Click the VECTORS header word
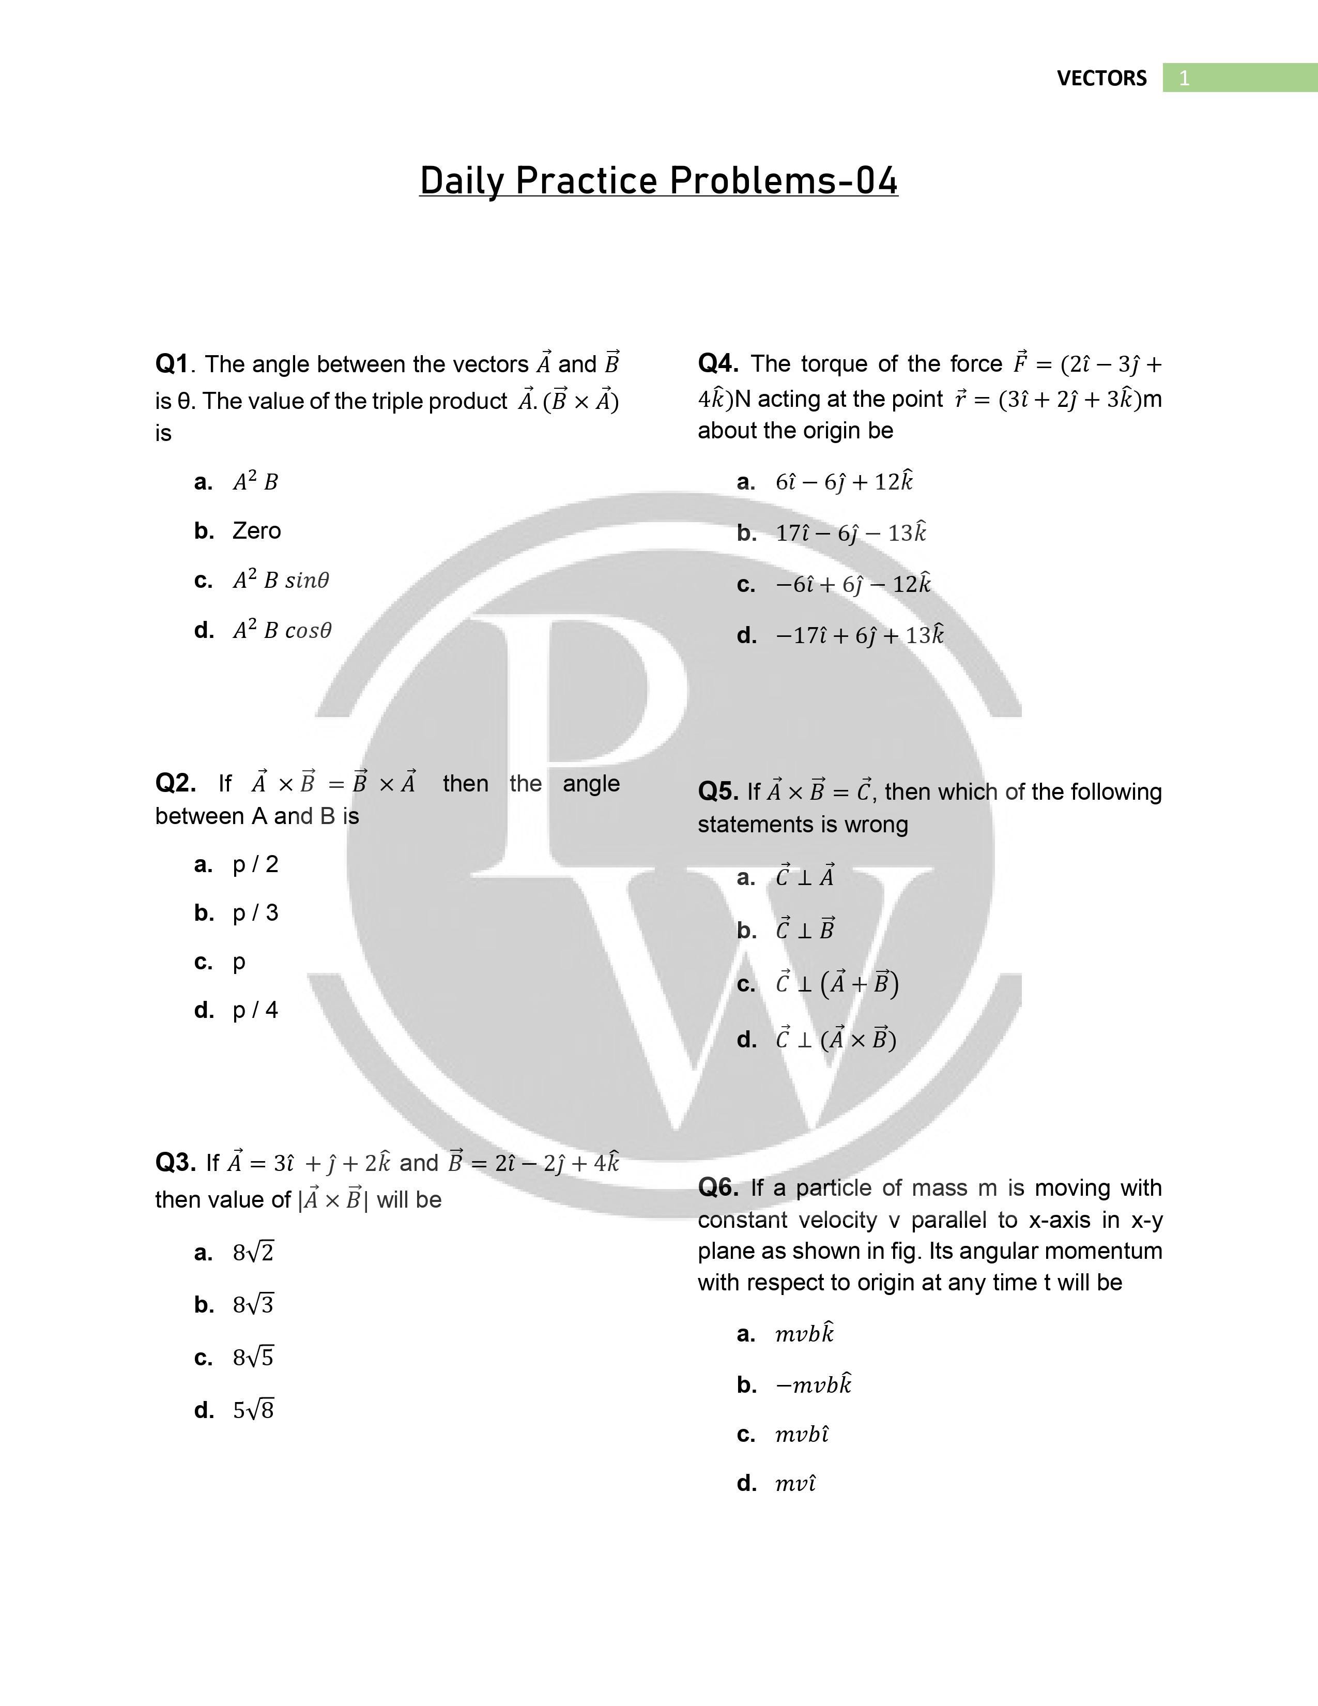(1101, 78)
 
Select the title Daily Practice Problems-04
(658, 180)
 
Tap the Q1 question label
(172, 364)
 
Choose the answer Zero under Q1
(256, 531)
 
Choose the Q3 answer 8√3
(253, 1304)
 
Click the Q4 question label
(717, 363)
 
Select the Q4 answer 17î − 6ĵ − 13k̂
(850, 532)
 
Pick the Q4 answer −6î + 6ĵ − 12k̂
(853, 584)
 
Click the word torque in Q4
(833, 364)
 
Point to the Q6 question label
(717, 1187)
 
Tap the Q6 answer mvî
(795, 1483)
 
